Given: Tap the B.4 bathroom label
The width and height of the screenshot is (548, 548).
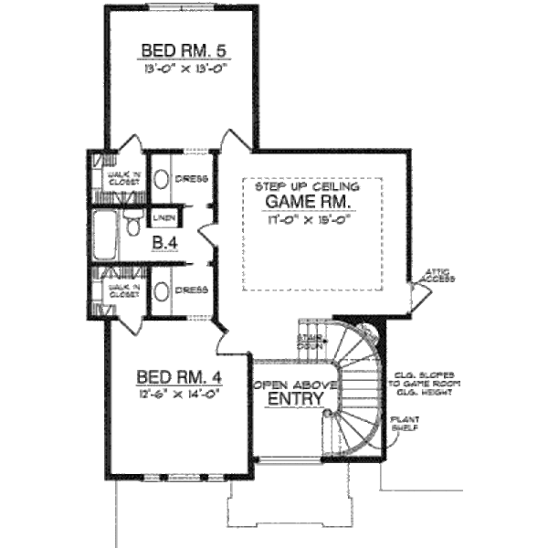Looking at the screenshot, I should click(164, 243).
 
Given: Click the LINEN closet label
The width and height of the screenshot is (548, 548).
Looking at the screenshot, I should click(164, 218).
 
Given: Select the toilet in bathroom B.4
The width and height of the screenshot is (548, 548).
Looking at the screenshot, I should click(134, 224).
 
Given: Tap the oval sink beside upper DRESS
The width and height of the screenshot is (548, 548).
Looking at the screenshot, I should click(161, 178).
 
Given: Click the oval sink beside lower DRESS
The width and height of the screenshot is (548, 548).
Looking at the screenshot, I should click(161, 292).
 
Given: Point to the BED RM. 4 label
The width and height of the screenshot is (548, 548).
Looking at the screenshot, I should click(180, 375).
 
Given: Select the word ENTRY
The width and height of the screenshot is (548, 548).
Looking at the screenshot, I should click(291, 399).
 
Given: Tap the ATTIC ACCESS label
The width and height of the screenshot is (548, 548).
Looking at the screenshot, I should click(439, 276).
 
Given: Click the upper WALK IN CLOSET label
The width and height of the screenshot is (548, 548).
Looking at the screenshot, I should click(124, 177).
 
